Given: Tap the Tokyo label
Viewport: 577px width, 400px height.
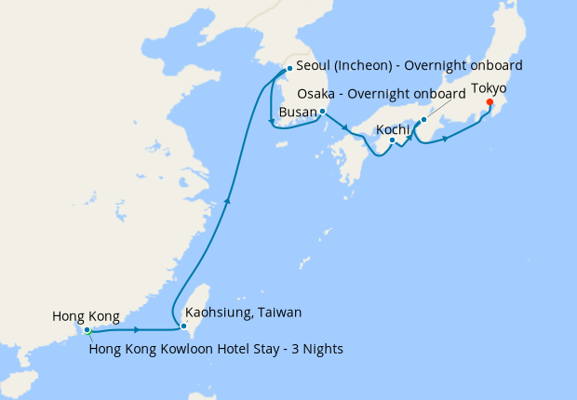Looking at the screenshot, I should (489, 89).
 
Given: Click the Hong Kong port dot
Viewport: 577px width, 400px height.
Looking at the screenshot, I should (87, 329).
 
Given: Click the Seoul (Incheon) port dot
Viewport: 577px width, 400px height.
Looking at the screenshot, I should (290, 68).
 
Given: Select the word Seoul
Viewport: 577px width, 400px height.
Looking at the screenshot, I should (314, 67).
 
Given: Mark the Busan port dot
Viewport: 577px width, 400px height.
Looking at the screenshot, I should (322, 112).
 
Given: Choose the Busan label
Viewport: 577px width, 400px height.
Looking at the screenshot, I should (297, 113).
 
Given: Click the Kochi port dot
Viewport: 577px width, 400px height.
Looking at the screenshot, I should (393, 140).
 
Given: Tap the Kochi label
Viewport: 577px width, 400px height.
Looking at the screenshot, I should (392, 128).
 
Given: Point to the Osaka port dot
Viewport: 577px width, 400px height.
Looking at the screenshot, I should (423, 120).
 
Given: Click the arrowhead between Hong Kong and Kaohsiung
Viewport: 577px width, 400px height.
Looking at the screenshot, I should (137, 330).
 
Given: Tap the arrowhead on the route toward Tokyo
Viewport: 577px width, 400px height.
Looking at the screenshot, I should (447, 140).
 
